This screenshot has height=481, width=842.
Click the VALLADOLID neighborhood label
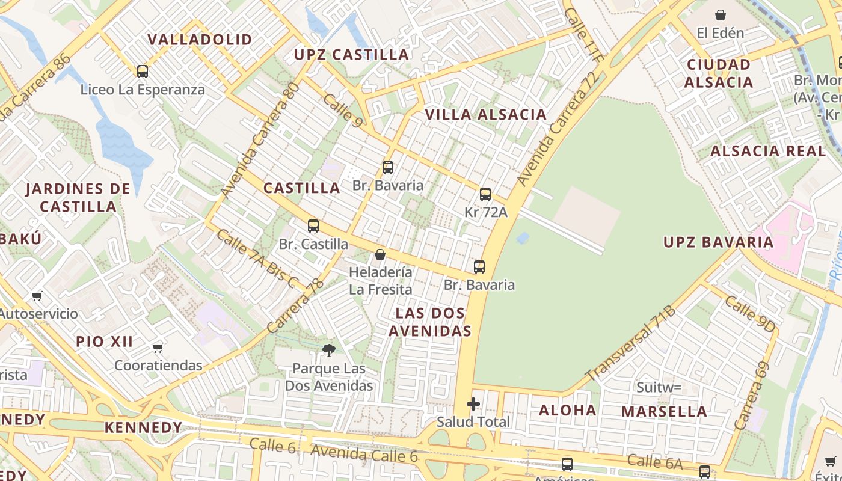200,40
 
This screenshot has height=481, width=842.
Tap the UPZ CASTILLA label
351,55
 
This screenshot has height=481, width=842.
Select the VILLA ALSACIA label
486,114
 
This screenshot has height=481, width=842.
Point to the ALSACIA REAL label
768,151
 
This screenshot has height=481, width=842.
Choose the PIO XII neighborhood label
105,342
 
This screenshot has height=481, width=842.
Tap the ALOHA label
567,410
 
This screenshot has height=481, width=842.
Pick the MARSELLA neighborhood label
664,412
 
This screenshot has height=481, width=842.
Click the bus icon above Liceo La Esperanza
143,72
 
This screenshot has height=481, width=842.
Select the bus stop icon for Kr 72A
485,194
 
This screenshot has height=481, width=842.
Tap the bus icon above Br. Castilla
313,226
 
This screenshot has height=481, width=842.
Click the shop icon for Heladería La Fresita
380,254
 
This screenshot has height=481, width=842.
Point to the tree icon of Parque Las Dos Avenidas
328,350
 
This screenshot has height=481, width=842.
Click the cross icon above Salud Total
473,404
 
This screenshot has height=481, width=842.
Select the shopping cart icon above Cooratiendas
158,348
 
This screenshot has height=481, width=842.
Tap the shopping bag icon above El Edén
721,15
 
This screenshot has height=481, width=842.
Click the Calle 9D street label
749,314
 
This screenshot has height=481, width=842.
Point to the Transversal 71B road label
631,343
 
